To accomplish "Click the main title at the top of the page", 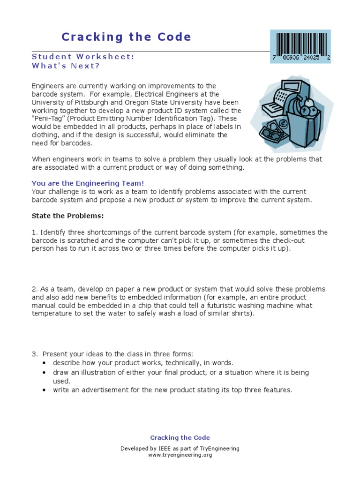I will click(x=127, y=37).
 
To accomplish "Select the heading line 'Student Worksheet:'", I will click(x=83, y=56).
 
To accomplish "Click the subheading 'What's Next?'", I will click(x=66, y=66).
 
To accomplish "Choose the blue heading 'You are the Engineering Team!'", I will click(x=84, y=183).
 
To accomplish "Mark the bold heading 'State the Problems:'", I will click(x=67, y=216).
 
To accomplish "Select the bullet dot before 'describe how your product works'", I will click(x=44, y=363).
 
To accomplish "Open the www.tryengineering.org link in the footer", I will click(x=180, y=455).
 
